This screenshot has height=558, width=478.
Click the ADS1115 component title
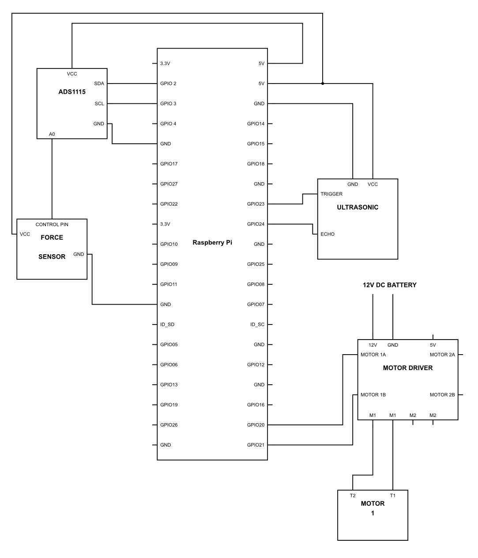tap(72, 92)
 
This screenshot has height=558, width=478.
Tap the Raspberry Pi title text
tap(212, 243)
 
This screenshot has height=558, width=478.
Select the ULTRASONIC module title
tap(358, 207)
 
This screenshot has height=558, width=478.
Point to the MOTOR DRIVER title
tap(408, 368)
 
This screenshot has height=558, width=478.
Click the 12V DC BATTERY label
tap(390, 285)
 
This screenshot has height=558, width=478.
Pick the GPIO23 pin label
tap(256, 204)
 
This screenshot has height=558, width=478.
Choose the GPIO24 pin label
tap(256, 224)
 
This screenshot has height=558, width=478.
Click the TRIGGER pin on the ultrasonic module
tap(331, 194)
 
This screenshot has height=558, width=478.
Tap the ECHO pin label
tap(327, 234)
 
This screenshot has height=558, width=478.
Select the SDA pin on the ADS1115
tap(99, 84)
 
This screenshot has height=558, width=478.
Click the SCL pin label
tap(99, 103)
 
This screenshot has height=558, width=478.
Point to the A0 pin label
tap(52, 134)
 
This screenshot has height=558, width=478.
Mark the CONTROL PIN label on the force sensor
tap(52, 225)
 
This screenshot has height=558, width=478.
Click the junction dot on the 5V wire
tap(323, 84)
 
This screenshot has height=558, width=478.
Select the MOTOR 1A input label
tap(373, 355)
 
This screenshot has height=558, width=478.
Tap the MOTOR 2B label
tap(442, 395)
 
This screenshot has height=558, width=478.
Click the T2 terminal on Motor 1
tap(353, 496)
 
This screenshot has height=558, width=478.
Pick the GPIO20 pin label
tap(256, 425)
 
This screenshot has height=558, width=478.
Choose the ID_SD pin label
tap(167, 325)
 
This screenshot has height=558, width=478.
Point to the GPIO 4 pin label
tap(168, 124)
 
